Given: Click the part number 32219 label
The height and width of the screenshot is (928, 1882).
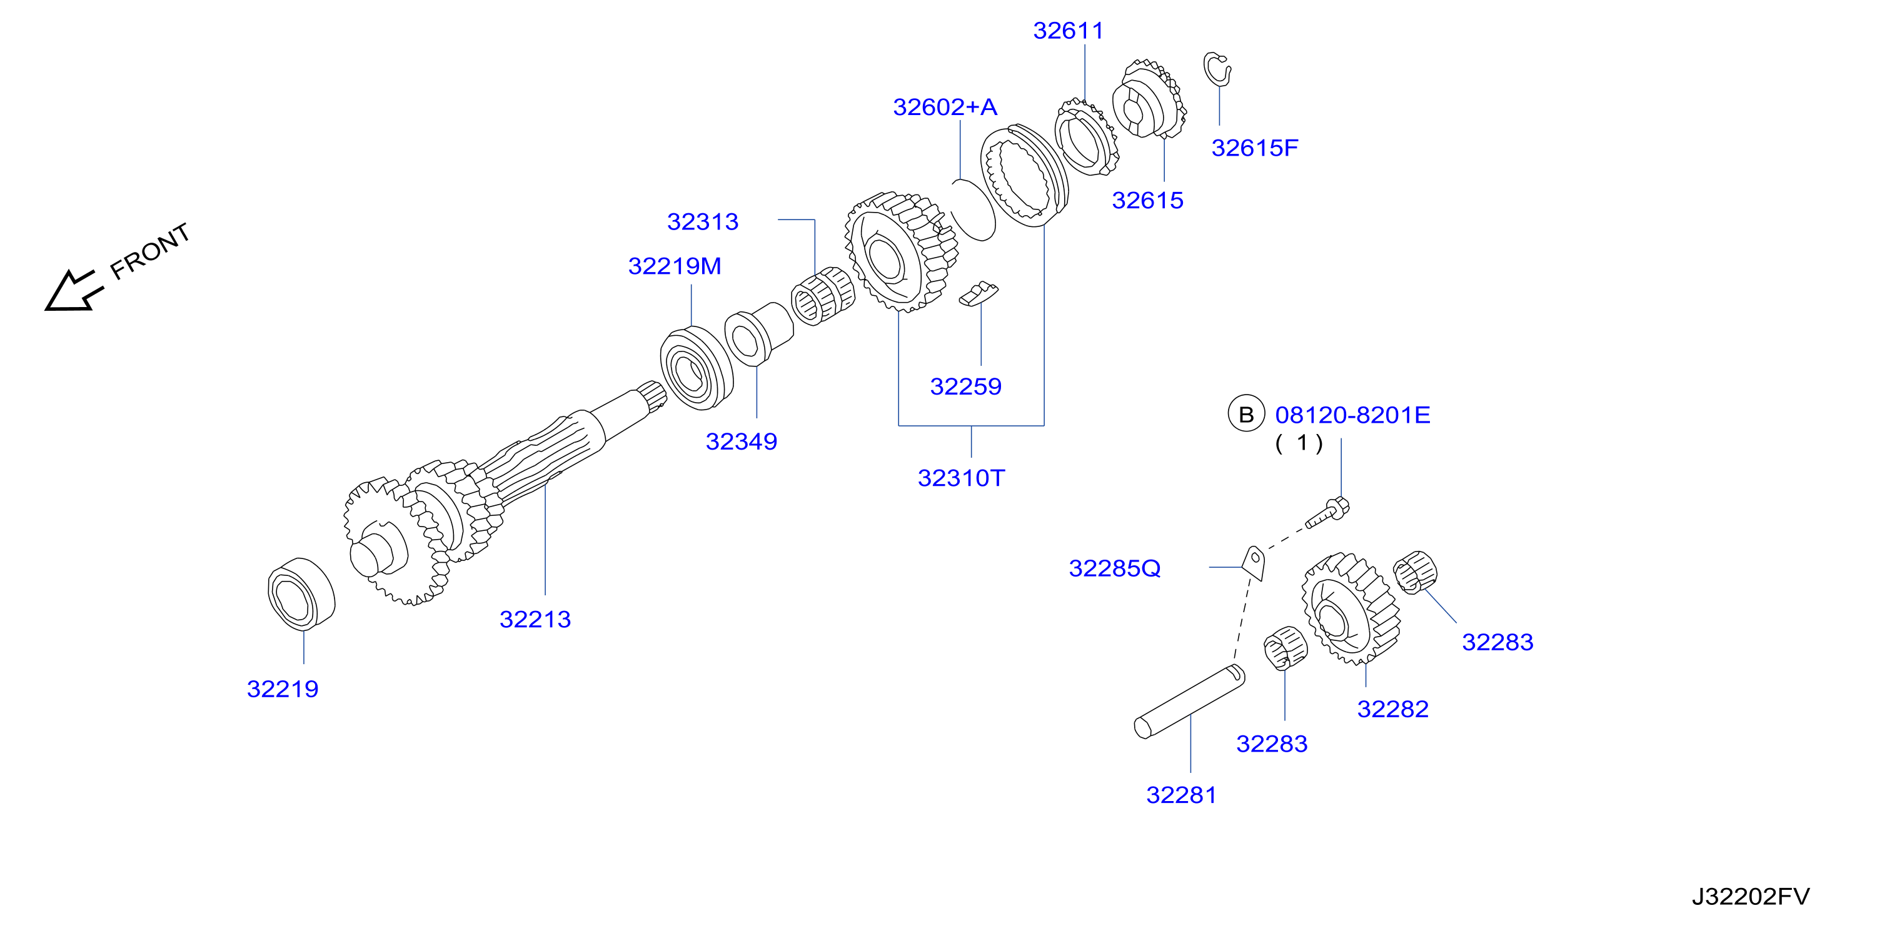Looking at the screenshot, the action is coord(283,689).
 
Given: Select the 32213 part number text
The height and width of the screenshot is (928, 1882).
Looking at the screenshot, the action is coord(535,620).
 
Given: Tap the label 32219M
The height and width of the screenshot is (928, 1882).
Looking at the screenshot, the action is coord(675,266).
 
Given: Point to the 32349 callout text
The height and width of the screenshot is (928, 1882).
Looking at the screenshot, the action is coord(741,441).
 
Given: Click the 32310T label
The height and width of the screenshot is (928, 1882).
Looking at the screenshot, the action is coord(961,478).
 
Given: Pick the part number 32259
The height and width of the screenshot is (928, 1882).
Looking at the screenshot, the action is coord(965,386).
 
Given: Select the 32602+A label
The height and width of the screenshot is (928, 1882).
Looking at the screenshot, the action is coord(945,108).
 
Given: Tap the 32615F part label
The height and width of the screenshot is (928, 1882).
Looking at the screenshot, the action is coord(1254,148).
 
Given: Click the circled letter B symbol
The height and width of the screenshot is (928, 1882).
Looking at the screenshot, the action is coord(1245,415).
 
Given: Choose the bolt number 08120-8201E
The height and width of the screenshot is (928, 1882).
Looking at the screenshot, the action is coord(1352,415).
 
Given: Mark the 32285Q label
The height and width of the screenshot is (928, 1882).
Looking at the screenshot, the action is coord(1114,568).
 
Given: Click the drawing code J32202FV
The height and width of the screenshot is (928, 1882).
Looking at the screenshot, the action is coord(1751,897).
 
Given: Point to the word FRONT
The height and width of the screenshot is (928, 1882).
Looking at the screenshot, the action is coord(151,251).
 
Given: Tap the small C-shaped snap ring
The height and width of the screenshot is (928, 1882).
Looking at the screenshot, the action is coord(1217,69).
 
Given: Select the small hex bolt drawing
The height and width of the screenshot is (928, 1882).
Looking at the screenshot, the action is coord(1327,513).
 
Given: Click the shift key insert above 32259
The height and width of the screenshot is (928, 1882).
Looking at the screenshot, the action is coord(979,294).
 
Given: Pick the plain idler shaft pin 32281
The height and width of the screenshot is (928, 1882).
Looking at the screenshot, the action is coord(1189,702).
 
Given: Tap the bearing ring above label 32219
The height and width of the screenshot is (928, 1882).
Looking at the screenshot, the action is coord(301,594).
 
